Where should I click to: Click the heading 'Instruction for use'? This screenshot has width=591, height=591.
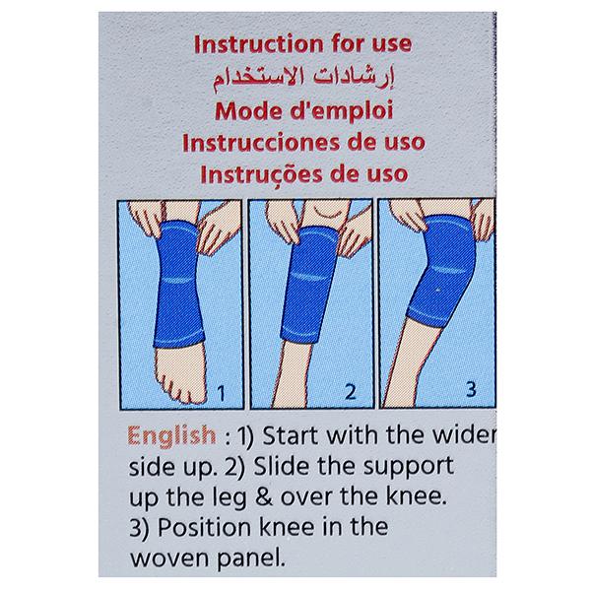coord(302,44)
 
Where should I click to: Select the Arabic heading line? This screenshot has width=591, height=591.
coord(303,78)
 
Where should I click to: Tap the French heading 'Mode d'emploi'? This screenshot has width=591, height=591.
coord(303,111)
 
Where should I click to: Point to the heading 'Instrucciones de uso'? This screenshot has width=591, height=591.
coord(303,143)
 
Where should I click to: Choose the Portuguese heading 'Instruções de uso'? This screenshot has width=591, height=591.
coord(303,174)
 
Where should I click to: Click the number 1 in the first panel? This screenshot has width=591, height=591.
coord(222,393)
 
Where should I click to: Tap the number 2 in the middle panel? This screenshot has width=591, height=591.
coord(350,392)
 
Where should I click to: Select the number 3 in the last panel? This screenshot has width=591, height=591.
coord(471,389)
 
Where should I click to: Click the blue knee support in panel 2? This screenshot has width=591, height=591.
coord(309,285)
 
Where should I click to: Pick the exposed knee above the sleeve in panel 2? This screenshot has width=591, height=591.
coord(324,214)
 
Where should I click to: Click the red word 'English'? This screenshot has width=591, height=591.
coord(171,436)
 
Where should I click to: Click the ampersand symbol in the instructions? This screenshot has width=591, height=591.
coord(264,496)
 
